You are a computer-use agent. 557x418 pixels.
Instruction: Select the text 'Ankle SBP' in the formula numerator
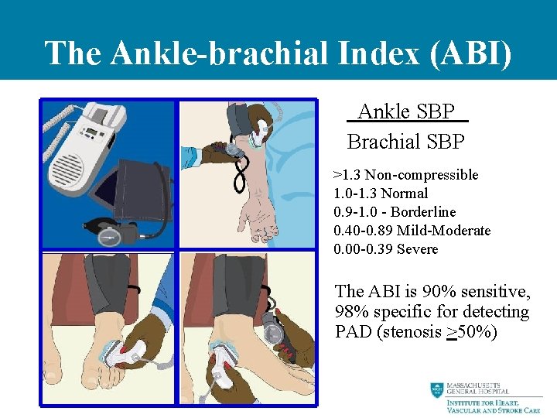[406, 112]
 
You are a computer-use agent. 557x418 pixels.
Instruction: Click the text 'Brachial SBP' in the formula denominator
[406, 142]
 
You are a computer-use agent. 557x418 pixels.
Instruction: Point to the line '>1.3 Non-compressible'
[405, 175]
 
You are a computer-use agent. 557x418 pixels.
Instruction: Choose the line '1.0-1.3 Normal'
[380, 194]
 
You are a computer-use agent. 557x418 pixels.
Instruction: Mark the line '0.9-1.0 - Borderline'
[395, 212]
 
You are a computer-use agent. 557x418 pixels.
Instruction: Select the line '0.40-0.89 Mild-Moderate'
[412, 231]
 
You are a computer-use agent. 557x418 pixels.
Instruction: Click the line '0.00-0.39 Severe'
[385, 249]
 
